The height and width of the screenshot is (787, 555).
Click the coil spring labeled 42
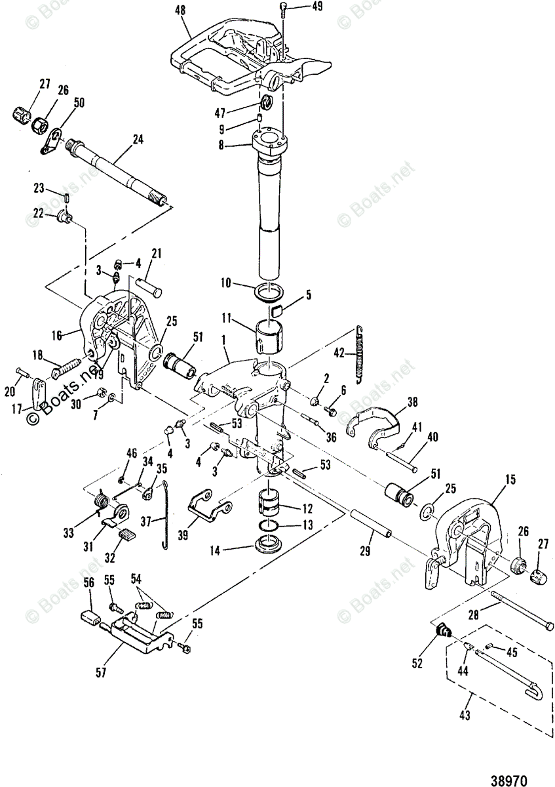(358, 354)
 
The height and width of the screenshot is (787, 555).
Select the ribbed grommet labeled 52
(444, 630)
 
